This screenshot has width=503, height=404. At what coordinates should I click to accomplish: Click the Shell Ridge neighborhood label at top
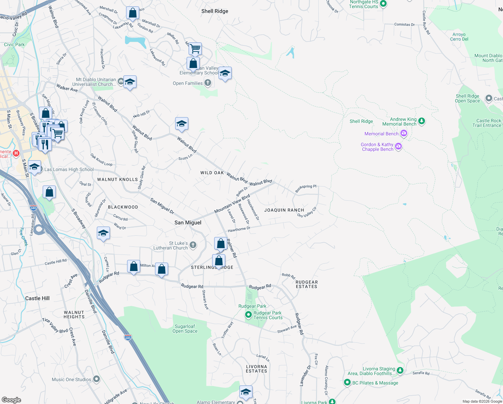[215, 11]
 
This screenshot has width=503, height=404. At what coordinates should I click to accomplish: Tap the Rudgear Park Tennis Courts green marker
[248, 315]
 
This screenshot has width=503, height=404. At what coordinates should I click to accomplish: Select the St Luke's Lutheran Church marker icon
[193, 245]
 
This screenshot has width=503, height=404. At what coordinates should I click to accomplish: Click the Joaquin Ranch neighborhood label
[284, 210]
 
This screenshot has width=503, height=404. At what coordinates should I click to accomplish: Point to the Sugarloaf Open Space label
[185, 329]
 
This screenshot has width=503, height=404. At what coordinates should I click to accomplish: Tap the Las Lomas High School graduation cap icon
[34, 167]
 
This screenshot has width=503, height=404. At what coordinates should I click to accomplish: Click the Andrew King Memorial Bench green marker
[422, 121]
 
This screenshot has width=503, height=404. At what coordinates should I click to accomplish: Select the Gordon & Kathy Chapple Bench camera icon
[398, 146]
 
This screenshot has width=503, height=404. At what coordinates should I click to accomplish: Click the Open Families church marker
[208, 82]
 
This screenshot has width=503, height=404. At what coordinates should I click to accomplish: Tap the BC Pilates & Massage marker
[347, 382]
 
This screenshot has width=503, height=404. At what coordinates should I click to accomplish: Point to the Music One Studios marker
[96, 379]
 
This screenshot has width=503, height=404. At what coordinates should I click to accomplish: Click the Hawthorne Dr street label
[239, 229]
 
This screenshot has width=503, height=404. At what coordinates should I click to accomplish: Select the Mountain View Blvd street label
[232, 204]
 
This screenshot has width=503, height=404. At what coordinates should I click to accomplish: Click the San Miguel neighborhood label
[188, 223]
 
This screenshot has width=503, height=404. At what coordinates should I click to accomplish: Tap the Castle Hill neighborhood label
[37, 298]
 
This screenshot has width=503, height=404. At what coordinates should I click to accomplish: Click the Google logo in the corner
[11, 400]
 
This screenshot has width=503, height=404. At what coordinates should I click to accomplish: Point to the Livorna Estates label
[256, 369]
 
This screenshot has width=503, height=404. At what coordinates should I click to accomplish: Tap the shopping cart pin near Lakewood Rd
[195, 49]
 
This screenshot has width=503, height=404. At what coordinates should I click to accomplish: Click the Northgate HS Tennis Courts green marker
[383, 4]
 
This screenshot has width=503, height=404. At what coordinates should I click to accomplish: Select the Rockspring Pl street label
[306, 189]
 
